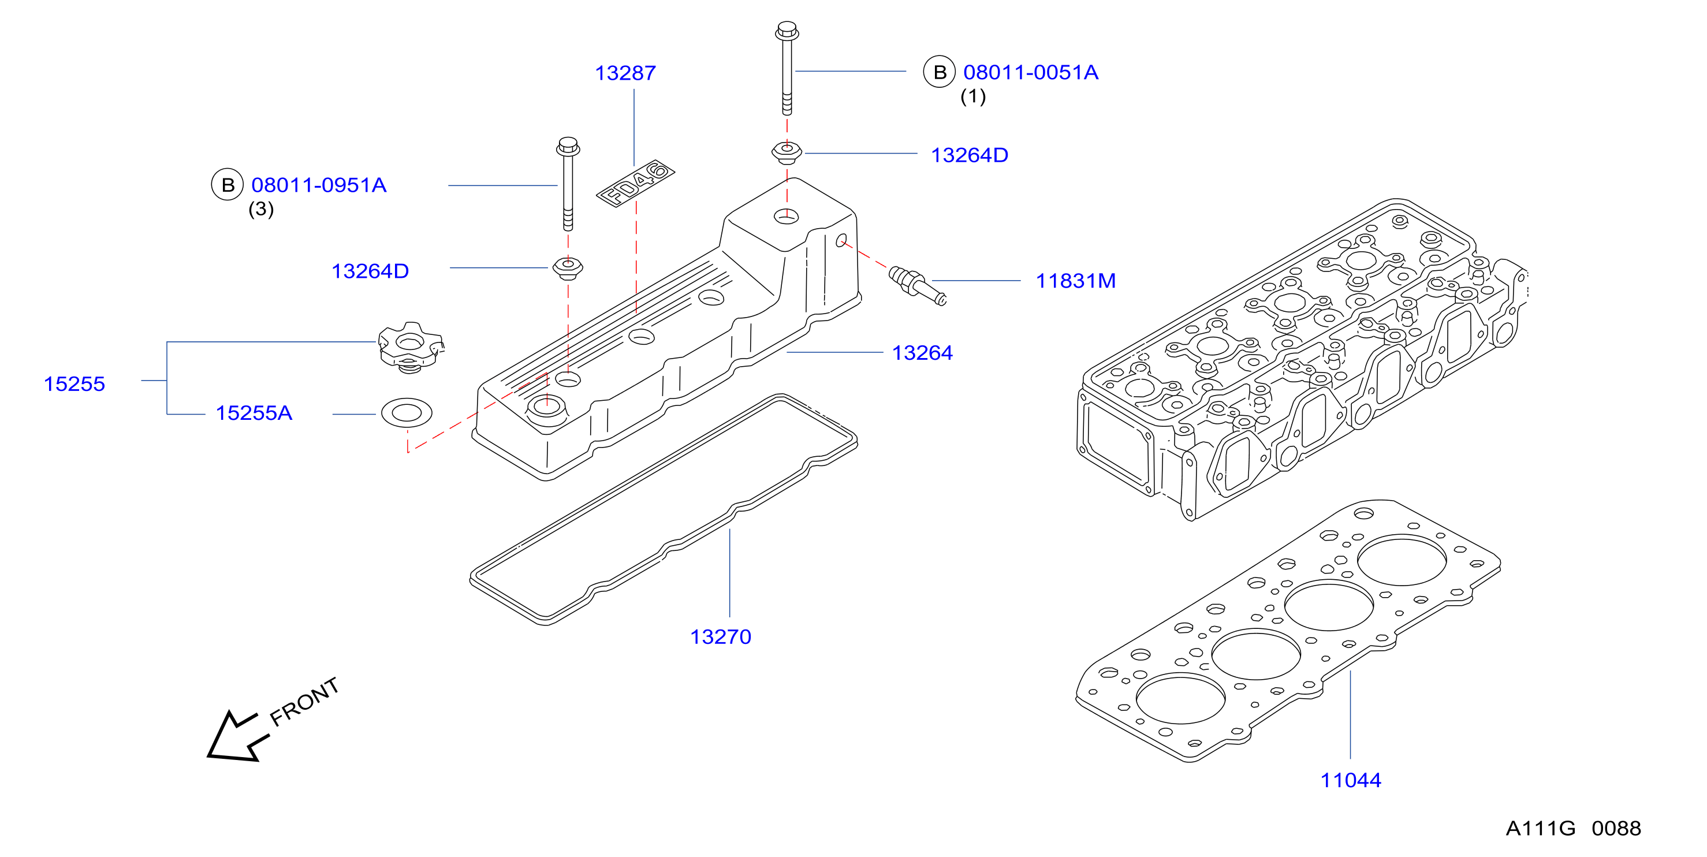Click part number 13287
pyautogui.click(x=625, y=73)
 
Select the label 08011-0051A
pyautogui.click(x=1030, y=72)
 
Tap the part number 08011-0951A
pyautogui.click(x=319, y=185)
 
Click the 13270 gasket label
pyautogui.click(x=720, y=637)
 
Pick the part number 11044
pyautogui.click(x=1351, y=781)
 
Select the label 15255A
pyautogui.click(x=254, y=413)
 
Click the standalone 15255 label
pyautogui.click(x=74, y=385)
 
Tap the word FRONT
pyautogui.click(x=305, y=702)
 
